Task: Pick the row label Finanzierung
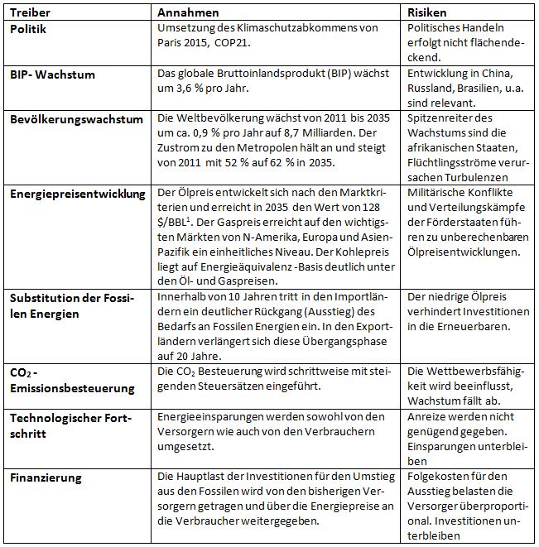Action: click(46, 477)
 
